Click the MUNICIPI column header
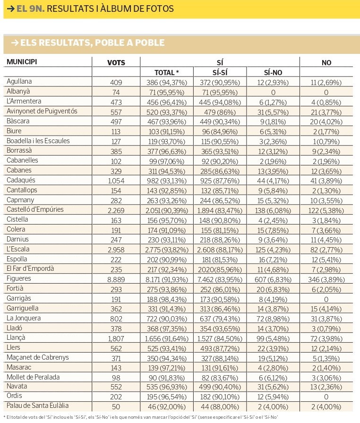22,62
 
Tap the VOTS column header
116,62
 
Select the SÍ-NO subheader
273,73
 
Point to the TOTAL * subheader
167,73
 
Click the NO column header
326,62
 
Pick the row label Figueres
19,278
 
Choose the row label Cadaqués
21,180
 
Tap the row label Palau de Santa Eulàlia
37,405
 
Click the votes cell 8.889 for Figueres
116,279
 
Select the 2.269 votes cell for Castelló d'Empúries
116,210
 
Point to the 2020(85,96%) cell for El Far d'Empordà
220,269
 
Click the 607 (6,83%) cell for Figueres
273,279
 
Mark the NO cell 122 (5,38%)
326,210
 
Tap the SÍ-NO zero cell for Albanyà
273,93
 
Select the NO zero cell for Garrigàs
326,300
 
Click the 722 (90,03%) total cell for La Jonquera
167,319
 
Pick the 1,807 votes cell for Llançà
116,338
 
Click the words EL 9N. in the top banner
30,9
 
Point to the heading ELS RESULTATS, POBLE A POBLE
92,43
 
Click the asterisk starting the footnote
5,417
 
